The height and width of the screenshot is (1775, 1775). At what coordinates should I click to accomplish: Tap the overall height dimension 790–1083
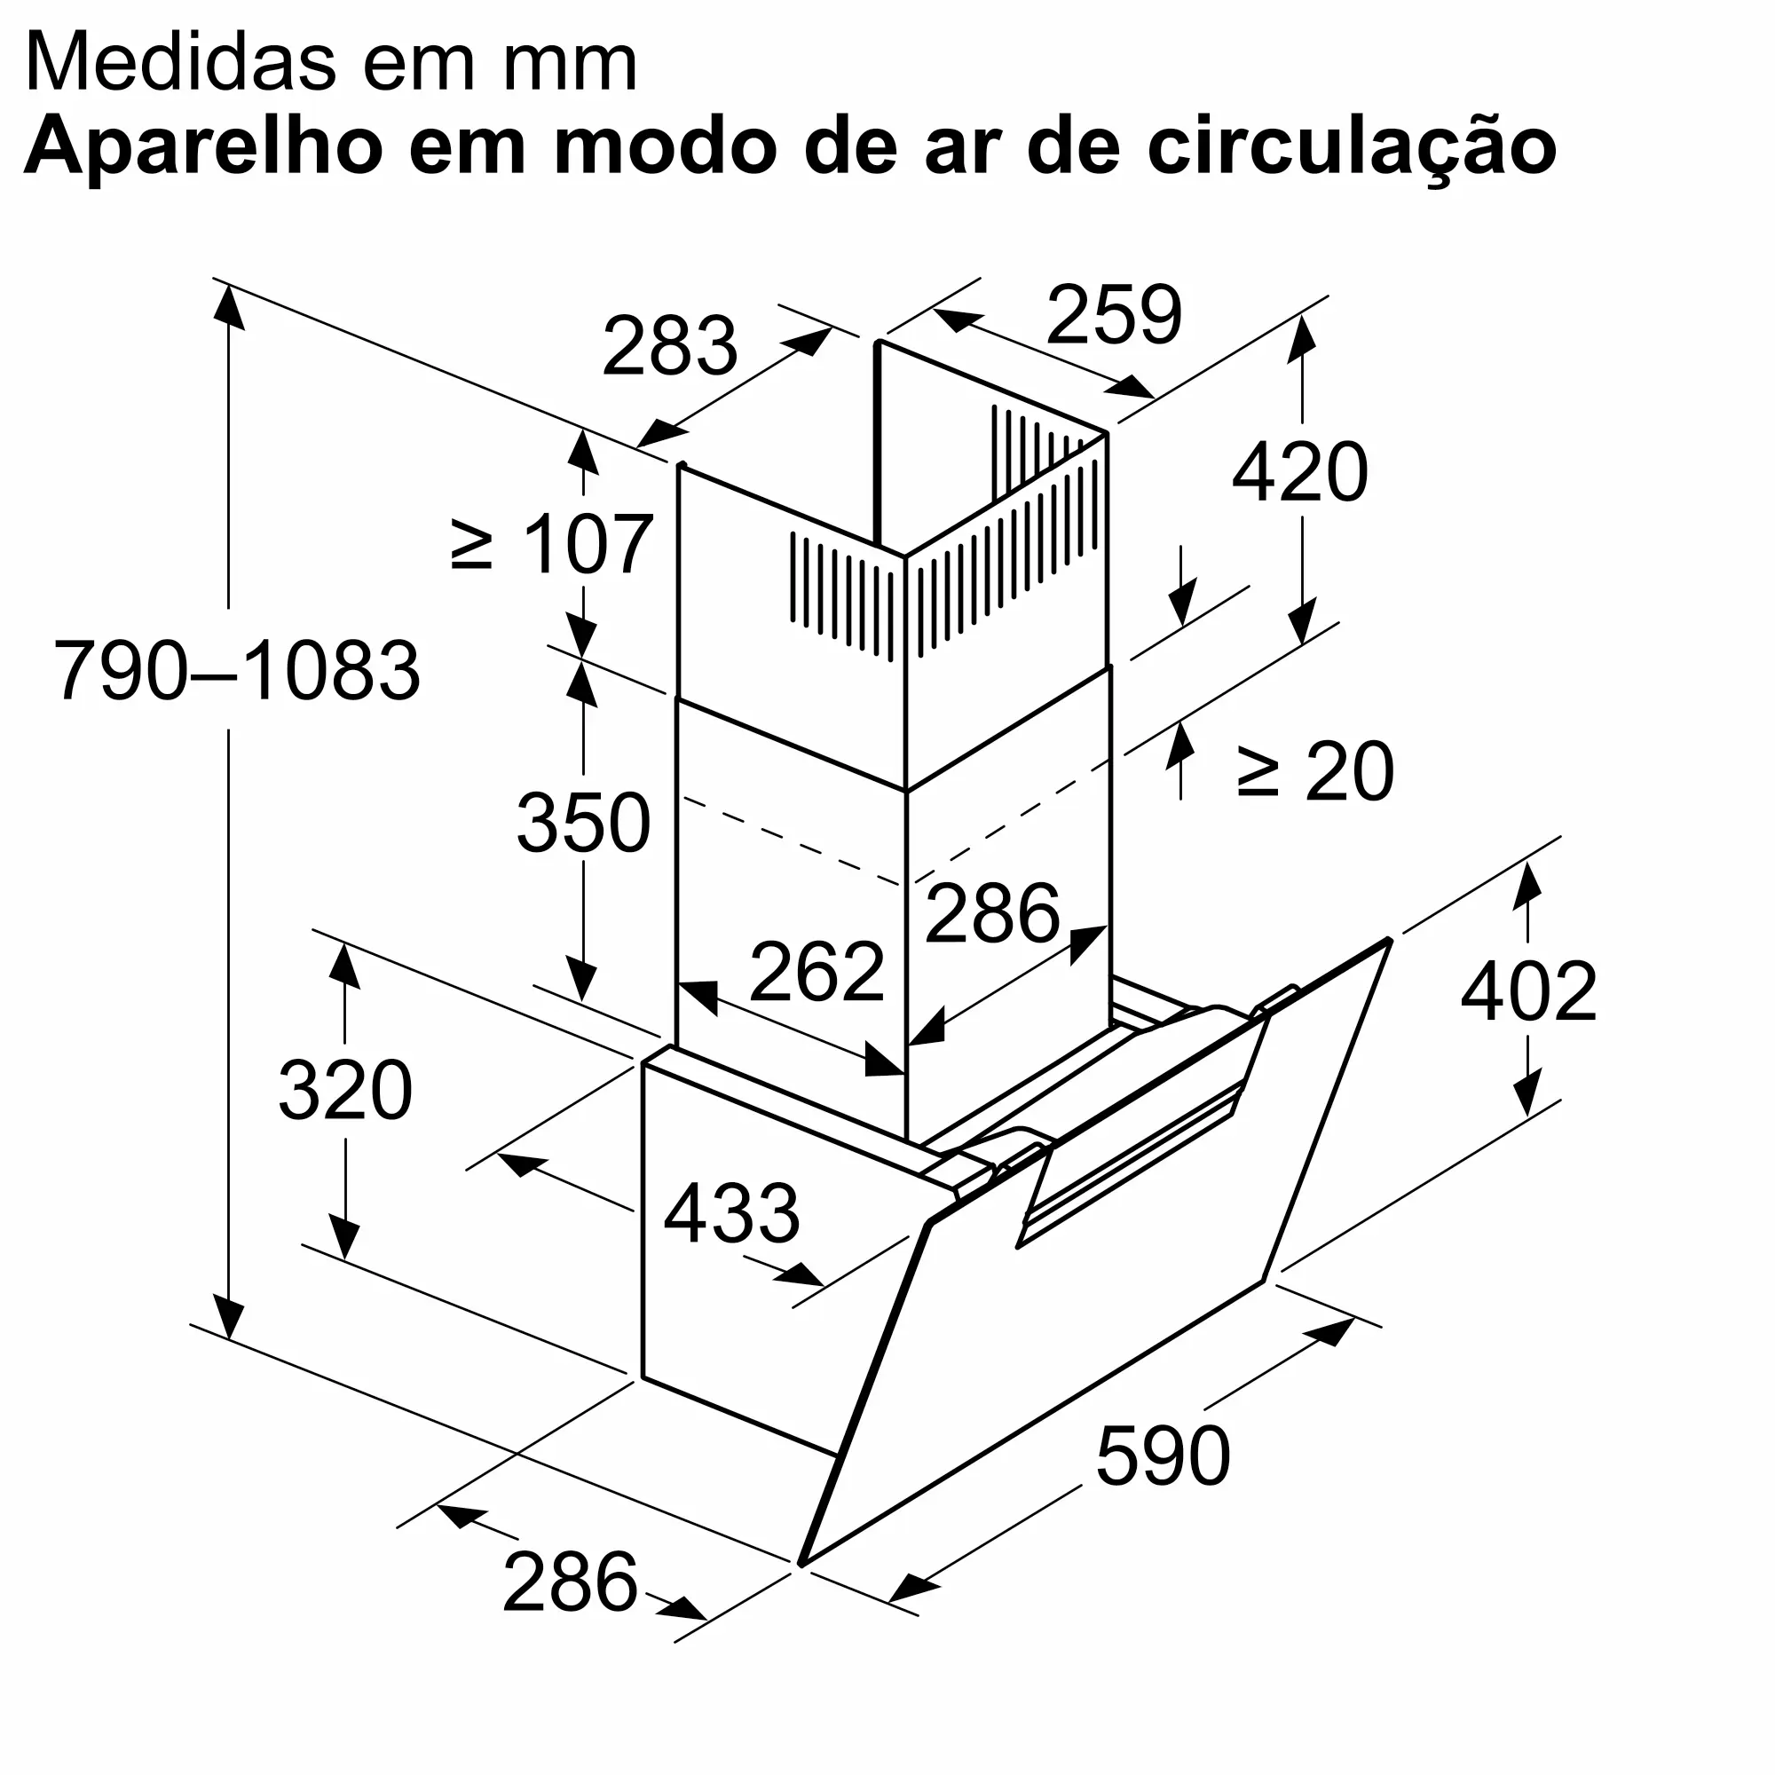pyautogui.click(x=237, y=671)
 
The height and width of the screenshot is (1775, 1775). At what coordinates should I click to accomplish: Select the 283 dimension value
pyautogui.click(x=670, y=346)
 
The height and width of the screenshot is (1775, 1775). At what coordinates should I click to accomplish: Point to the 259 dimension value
pyautogui.click(x=1114, y=315)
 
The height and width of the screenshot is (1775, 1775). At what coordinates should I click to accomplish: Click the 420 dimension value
pyautogui.click(x=1300, y=472)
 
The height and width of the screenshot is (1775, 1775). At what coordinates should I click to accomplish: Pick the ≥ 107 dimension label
pyautogui.click(x=553, y=545)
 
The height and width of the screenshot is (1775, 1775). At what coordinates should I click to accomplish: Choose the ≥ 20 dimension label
pyautogui.click(x=1314, y=773)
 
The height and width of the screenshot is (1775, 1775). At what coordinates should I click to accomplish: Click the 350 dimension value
pyautogui.click(x=583, y=824)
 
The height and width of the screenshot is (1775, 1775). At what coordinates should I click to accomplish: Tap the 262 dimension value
pyautogui.click(x=816, y=972)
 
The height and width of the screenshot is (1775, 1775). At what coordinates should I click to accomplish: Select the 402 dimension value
pyautogui.click(x=1529, y=991)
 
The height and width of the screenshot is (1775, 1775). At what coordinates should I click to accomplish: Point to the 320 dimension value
pyautogui.click(x=344, y=1091)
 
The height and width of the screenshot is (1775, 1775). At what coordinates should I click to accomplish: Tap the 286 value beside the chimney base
pyautogui.click(x=992, y=913)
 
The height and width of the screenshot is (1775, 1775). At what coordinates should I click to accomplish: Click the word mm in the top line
pyautogui.click(x=570, y=64)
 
